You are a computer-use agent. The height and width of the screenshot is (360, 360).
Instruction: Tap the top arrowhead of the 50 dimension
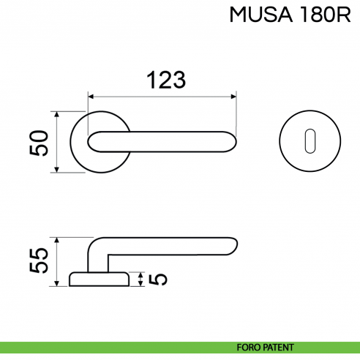click(x=56, y=114)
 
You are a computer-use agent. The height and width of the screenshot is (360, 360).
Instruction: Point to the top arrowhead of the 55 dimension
click(x=56, y=240)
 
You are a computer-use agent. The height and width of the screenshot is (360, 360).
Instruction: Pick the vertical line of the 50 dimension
click(x=56, y=142)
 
